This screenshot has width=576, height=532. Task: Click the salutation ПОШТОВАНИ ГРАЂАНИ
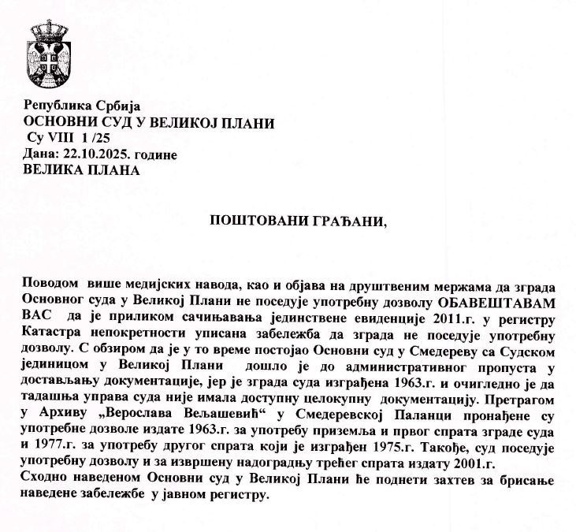[x=299, y=221]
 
